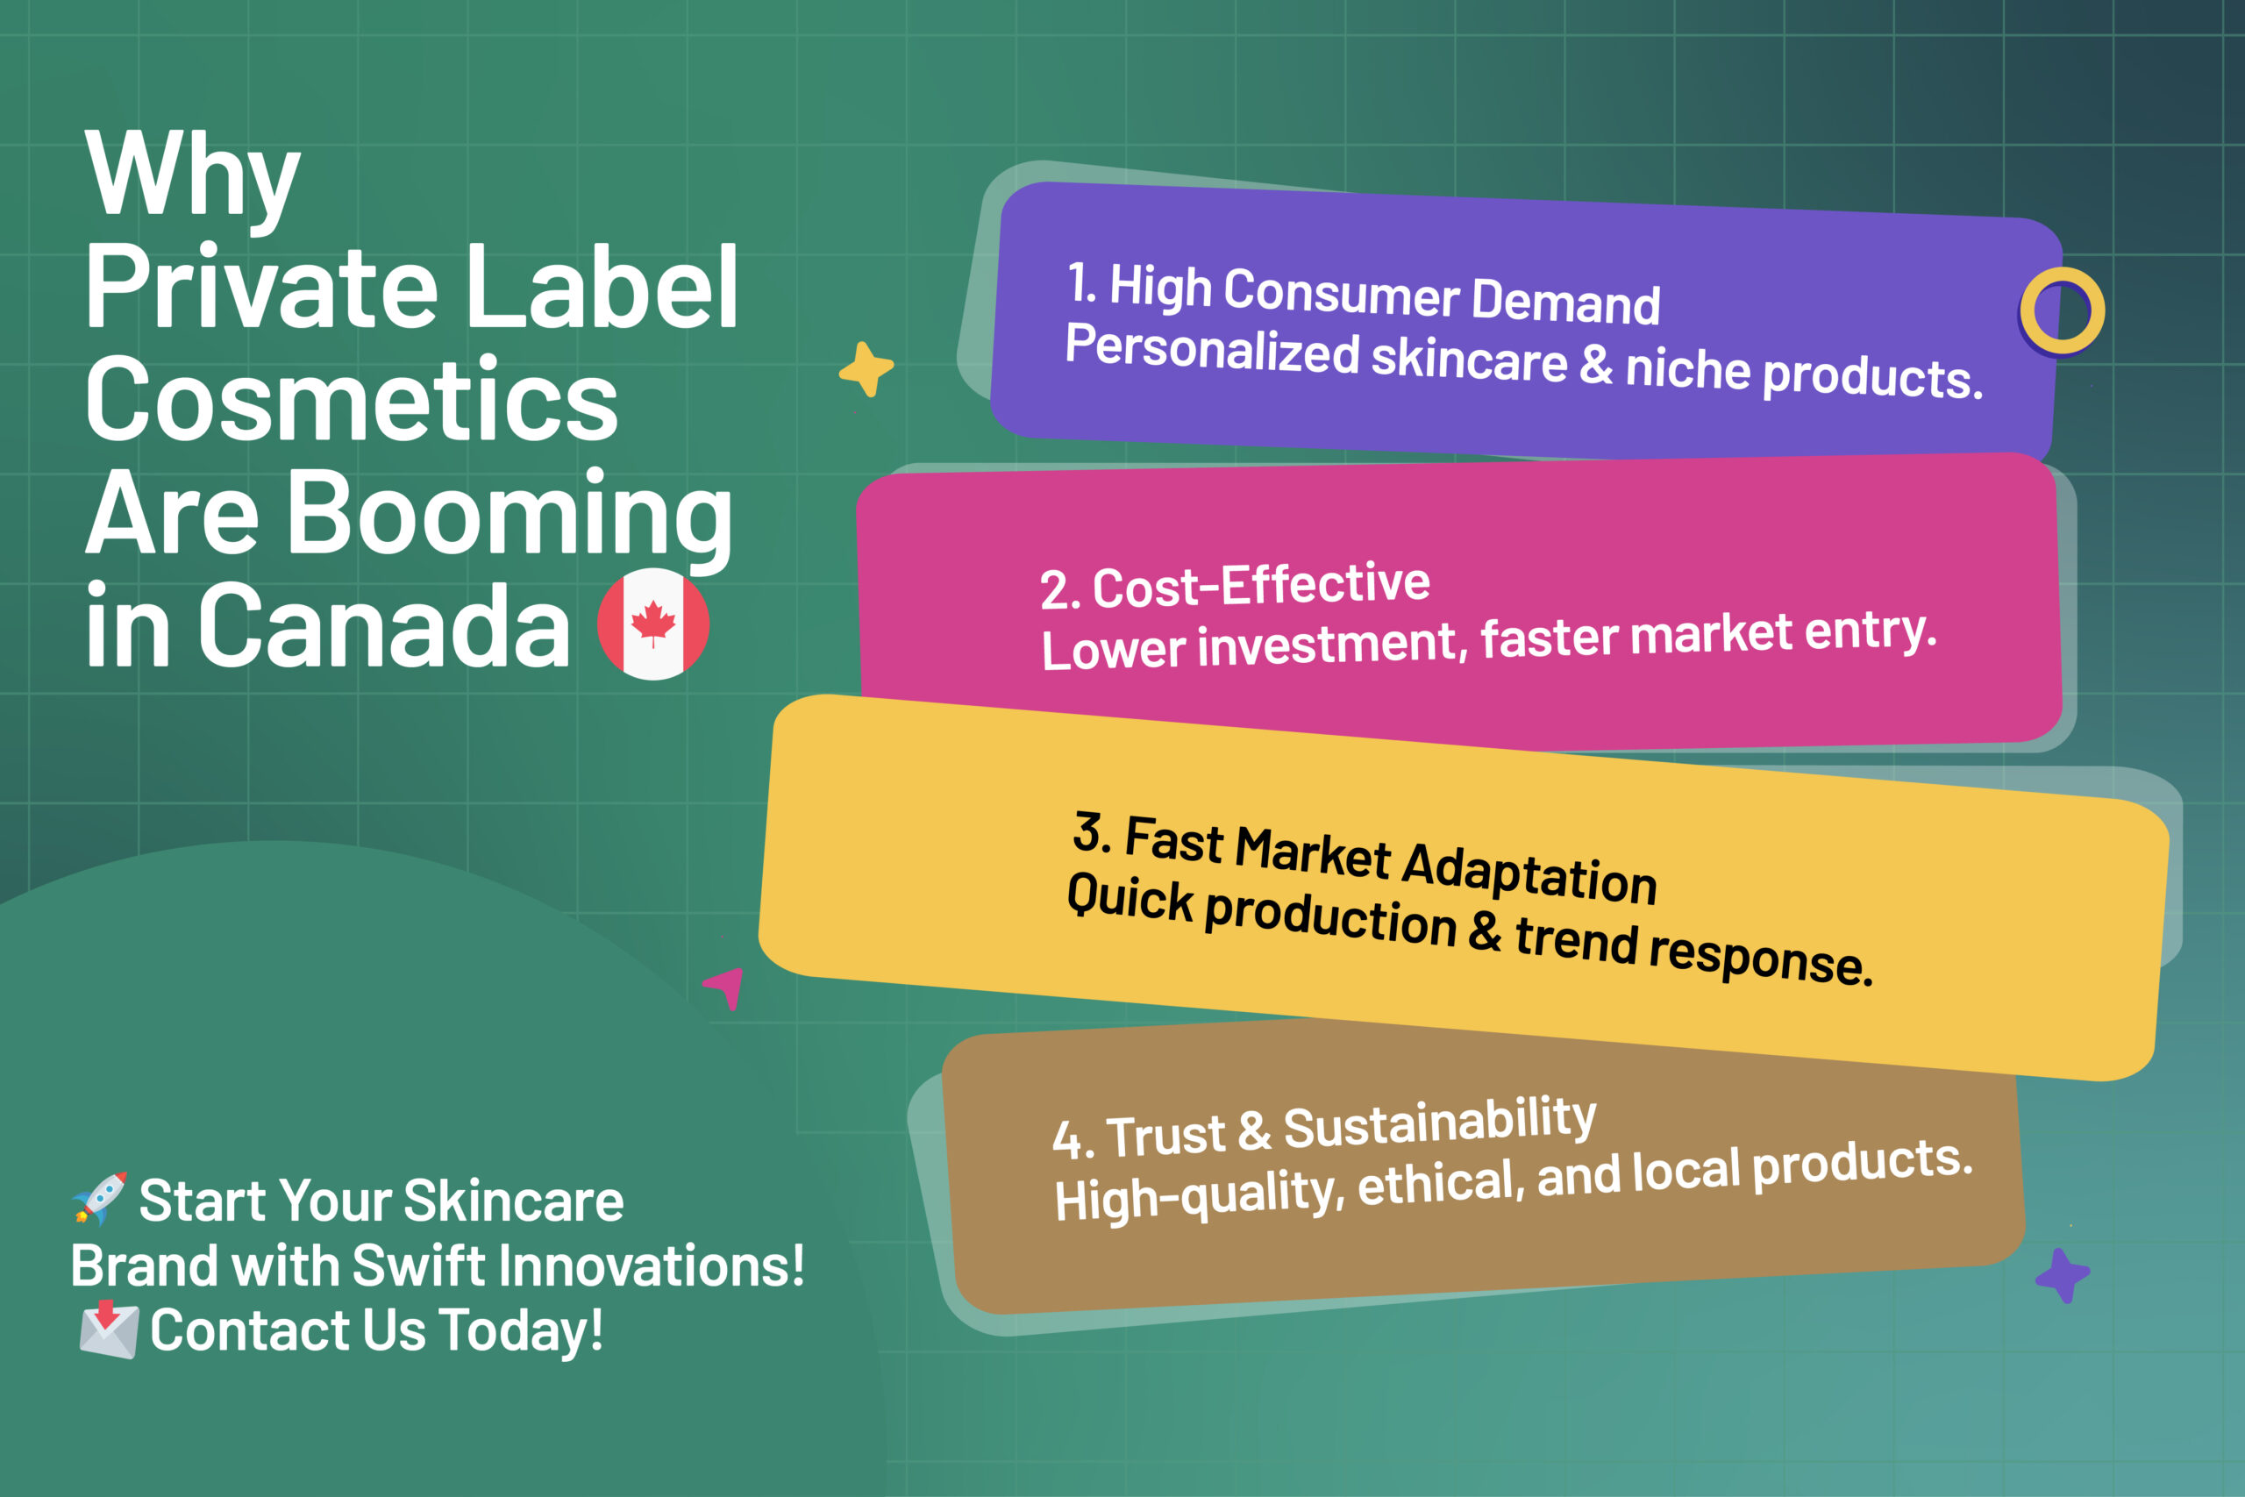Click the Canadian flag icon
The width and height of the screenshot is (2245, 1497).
pyautogui.click(x=652, y=624)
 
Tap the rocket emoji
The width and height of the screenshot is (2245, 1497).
pyautogui.click(x=99, y=1198)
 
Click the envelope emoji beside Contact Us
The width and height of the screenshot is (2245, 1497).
pyautogui.click(x=108, y=1329)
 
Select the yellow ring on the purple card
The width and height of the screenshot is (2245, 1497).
pyautogui.click(x=2062, y=310)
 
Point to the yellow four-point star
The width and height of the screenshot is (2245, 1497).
pyautogui.click(x=866, y=369)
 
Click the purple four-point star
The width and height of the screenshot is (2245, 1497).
pyautogui.click(x=2063, y=1274)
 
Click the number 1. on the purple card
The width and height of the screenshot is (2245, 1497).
pyautogui.click(x=1081, y=283)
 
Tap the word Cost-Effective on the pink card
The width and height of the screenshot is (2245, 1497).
pyautogui.click(x=1261, y=584)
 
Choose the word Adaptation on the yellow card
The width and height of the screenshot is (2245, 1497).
pyautogui.click(x=1529, y=873)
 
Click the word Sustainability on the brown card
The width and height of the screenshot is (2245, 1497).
pyautogui.click(x=1439, y=1123)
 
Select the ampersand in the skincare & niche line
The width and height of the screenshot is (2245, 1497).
pyautogui.click(x=1596, y=365)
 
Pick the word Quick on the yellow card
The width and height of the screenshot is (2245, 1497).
pyautogui.click(x=1130, y=900)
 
